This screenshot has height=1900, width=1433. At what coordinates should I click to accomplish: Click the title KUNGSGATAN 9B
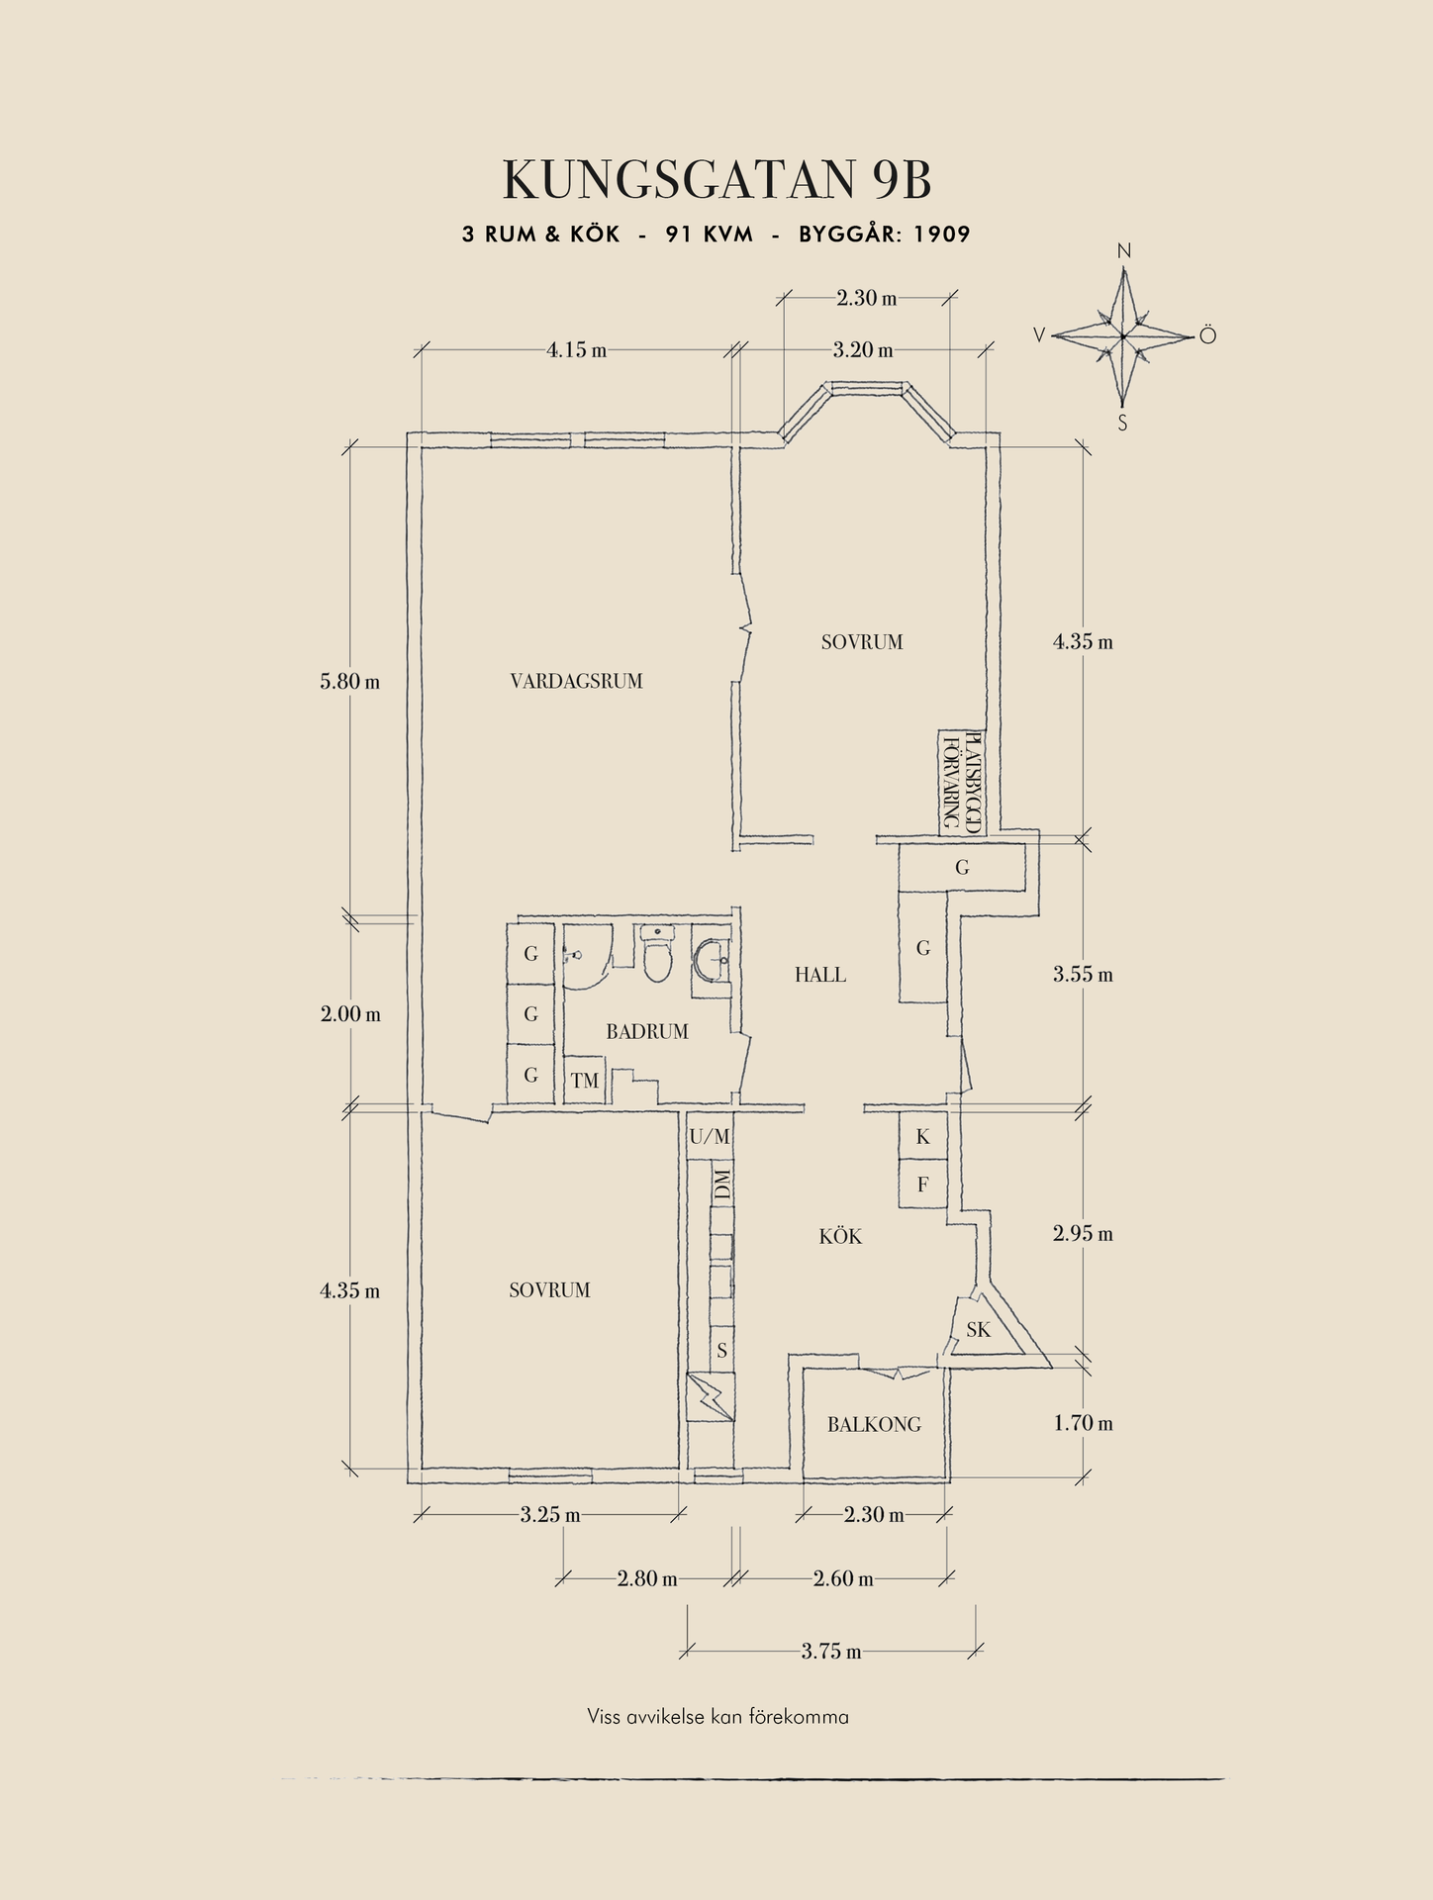pos(716,180)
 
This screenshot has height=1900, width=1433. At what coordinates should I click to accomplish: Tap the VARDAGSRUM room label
pos(576,681)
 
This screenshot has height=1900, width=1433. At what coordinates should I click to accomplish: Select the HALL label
pos(819,975)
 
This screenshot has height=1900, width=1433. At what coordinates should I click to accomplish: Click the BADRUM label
pos(646,1031)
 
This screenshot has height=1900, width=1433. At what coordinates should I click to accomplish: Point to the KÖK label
pos(840,1236)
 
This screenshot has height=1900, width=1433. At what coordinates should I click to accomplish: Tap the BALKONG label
pos(874,1424)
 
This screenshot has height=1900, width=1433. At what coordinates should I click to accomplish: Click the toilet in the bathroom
pos(656,954)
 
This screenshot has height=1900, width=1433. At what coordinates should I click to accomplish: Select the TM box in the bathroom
pos(585,1081)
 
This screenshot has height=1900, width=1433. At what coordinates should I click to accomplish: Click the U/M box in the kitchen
pos(710,1137)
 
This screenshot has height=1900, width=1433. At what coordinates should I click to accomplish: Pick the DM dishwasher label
pos(722,1185)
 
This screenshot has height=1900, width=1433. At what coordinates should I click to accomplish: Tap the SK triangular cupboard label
pos(978,1330)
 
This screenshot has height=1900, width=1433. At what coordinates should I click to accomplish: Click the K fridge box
pos(922,1137)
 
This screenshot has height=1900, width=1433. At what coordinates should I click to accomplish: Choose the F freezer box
pos(922,1185)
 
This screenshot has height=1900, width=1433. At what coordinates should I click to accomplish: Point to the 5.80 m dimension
pos(349,682)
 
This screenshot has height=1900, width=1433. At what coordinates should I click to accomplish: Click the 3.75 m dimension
pos(830,1651)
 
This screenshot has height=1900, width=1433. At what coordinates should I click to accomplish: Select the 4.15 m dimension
pos(576,349)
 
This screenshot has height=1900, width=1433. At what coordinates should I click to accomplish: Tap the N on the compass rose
pos(1123,251)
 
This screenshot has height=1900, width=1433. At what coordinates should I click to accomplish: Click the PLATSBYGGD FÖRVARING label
pos(960,781)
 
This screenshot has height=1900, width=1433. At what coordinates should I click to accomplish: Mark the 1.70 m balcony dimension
pos(1083,1423)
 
